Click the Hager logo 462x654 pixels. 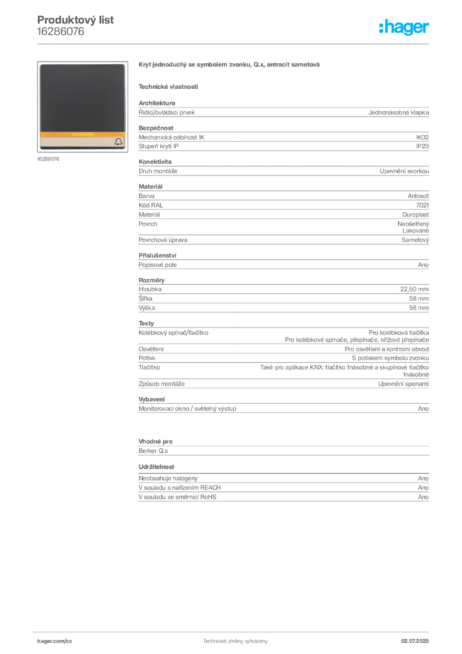[404, 27]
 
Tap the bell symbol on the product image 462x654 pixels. [118, 142]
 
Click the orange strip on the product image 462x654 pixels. [82, 134]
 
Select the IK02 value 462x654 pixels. [422, 137]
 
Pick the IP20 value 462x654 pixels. [422, 146]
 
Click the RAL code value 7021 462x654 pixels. [422, 205]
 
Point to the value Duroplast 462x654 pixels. [415, 215]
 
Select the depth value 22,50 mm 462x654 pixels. [415, 289]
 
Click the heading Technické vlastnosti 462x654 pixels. [168, 87]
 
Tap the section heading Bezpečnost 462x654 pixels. [156, 128]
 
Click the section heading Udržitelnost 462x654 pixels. [156, 467]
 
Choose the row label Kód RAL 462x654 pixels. [151, 205]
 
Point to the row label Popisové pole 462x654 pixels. [158, 265]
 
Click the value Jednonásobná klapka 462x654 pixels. [398, 112]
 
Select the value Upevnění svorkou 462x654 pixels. [404, 171]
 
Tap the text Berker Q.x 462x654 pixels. [153, 451]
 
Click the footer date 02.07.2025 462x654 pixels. [415, 641]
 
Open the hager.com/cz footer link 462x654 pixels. [55, 641]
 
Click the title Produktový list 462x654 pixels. [75, 20]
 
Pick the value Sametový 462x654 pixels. [415, 240]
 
